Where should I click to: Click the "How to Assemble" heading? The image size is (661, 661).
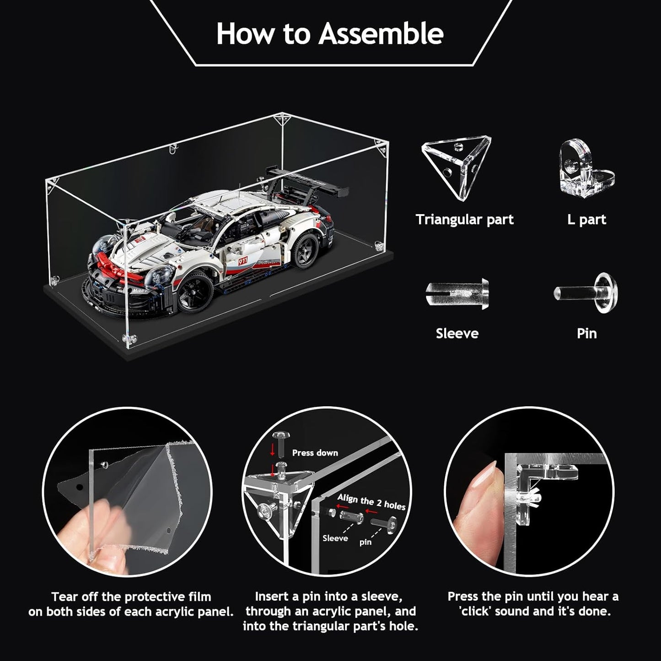pos(330,33)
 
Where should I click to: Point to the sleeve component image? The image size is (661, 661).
pos(457,294)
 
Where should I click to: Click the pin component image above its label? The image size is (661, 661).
pos(587,292)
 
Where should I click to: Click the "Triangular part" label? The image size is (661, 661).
pos(465,220)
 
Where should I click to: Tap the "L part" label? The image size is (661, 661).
pos(586,220)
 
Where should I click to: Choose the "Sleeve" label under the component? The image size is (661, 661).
pos(457,333)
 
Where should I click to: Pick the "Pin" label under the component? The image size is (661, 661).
pos(587,333)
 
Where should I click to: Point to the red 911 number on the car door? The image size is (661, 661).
pos(242,261)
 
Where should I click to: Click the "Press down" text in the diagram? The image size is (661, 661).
pos(315,453)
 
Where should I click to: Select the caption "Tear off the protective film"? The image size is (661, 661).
pos(131,597)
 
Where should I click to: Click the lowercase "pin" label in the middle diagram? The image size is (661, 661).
pos(365,543)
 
